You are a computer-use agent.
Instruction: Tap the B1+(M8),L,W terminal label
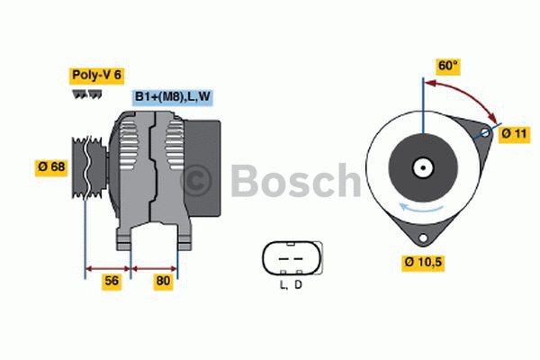click(x=174, y=97)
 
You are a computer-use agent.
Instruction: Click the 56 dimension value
click(x=112, y=281)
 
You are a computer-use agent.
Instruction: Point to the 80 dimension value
click(x=162, y=281)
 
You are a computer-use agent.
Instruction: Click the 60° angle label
click(x=447, y=66)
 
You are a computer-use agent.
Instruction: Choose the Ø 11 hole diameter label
click(x=514, y=133)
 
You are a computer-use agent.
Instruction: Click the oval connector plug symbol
click(x=290, y=258)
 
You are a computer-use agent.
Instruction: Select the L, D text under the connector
click(x=290, y=285)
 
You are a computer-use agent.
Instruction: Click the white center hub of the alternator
click(x=421, y=167)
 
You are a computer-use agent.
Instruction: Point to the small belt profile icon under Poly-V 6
click(x=87, y=93)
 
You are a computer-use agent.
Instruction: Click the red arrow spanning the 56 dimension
click(x=108, y=267)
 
